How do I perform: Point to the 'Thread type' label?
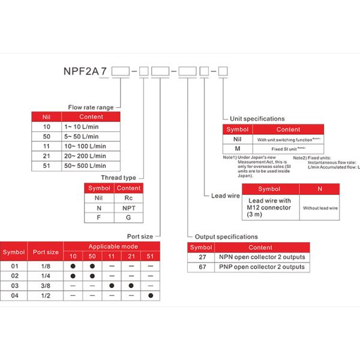coord(118,178)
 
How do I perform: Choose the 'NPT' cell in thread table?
coord(129,207)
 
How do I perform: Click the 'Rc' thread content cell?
coord(129,197)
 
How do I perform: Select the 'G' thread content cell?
coord(129,217)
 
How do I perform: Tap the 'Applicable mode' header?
coord(113,247)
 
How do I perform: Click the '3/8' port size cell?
coord(53,286)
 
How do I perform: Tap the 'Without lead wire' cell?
coord(320,208)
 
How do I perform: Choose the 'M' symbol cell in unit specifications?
coord(238,148)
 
